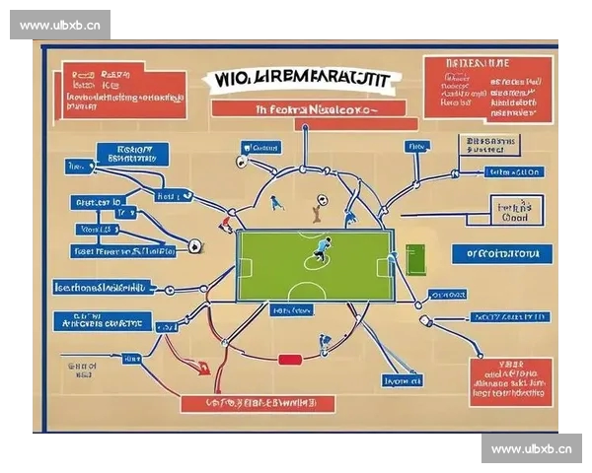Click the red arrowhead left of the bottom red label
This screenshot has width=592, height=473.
tap(205, 370)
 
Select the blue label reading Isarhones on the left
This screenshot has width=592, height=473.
tap(103, 288)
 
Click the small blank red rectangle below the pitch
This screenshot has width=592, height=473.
tap(289, 360)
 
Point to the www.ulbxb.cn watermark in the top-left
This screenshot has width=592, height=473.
tap(60, 25)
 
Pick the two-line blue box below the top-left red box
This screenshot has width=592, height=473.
tap(133, 153)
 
